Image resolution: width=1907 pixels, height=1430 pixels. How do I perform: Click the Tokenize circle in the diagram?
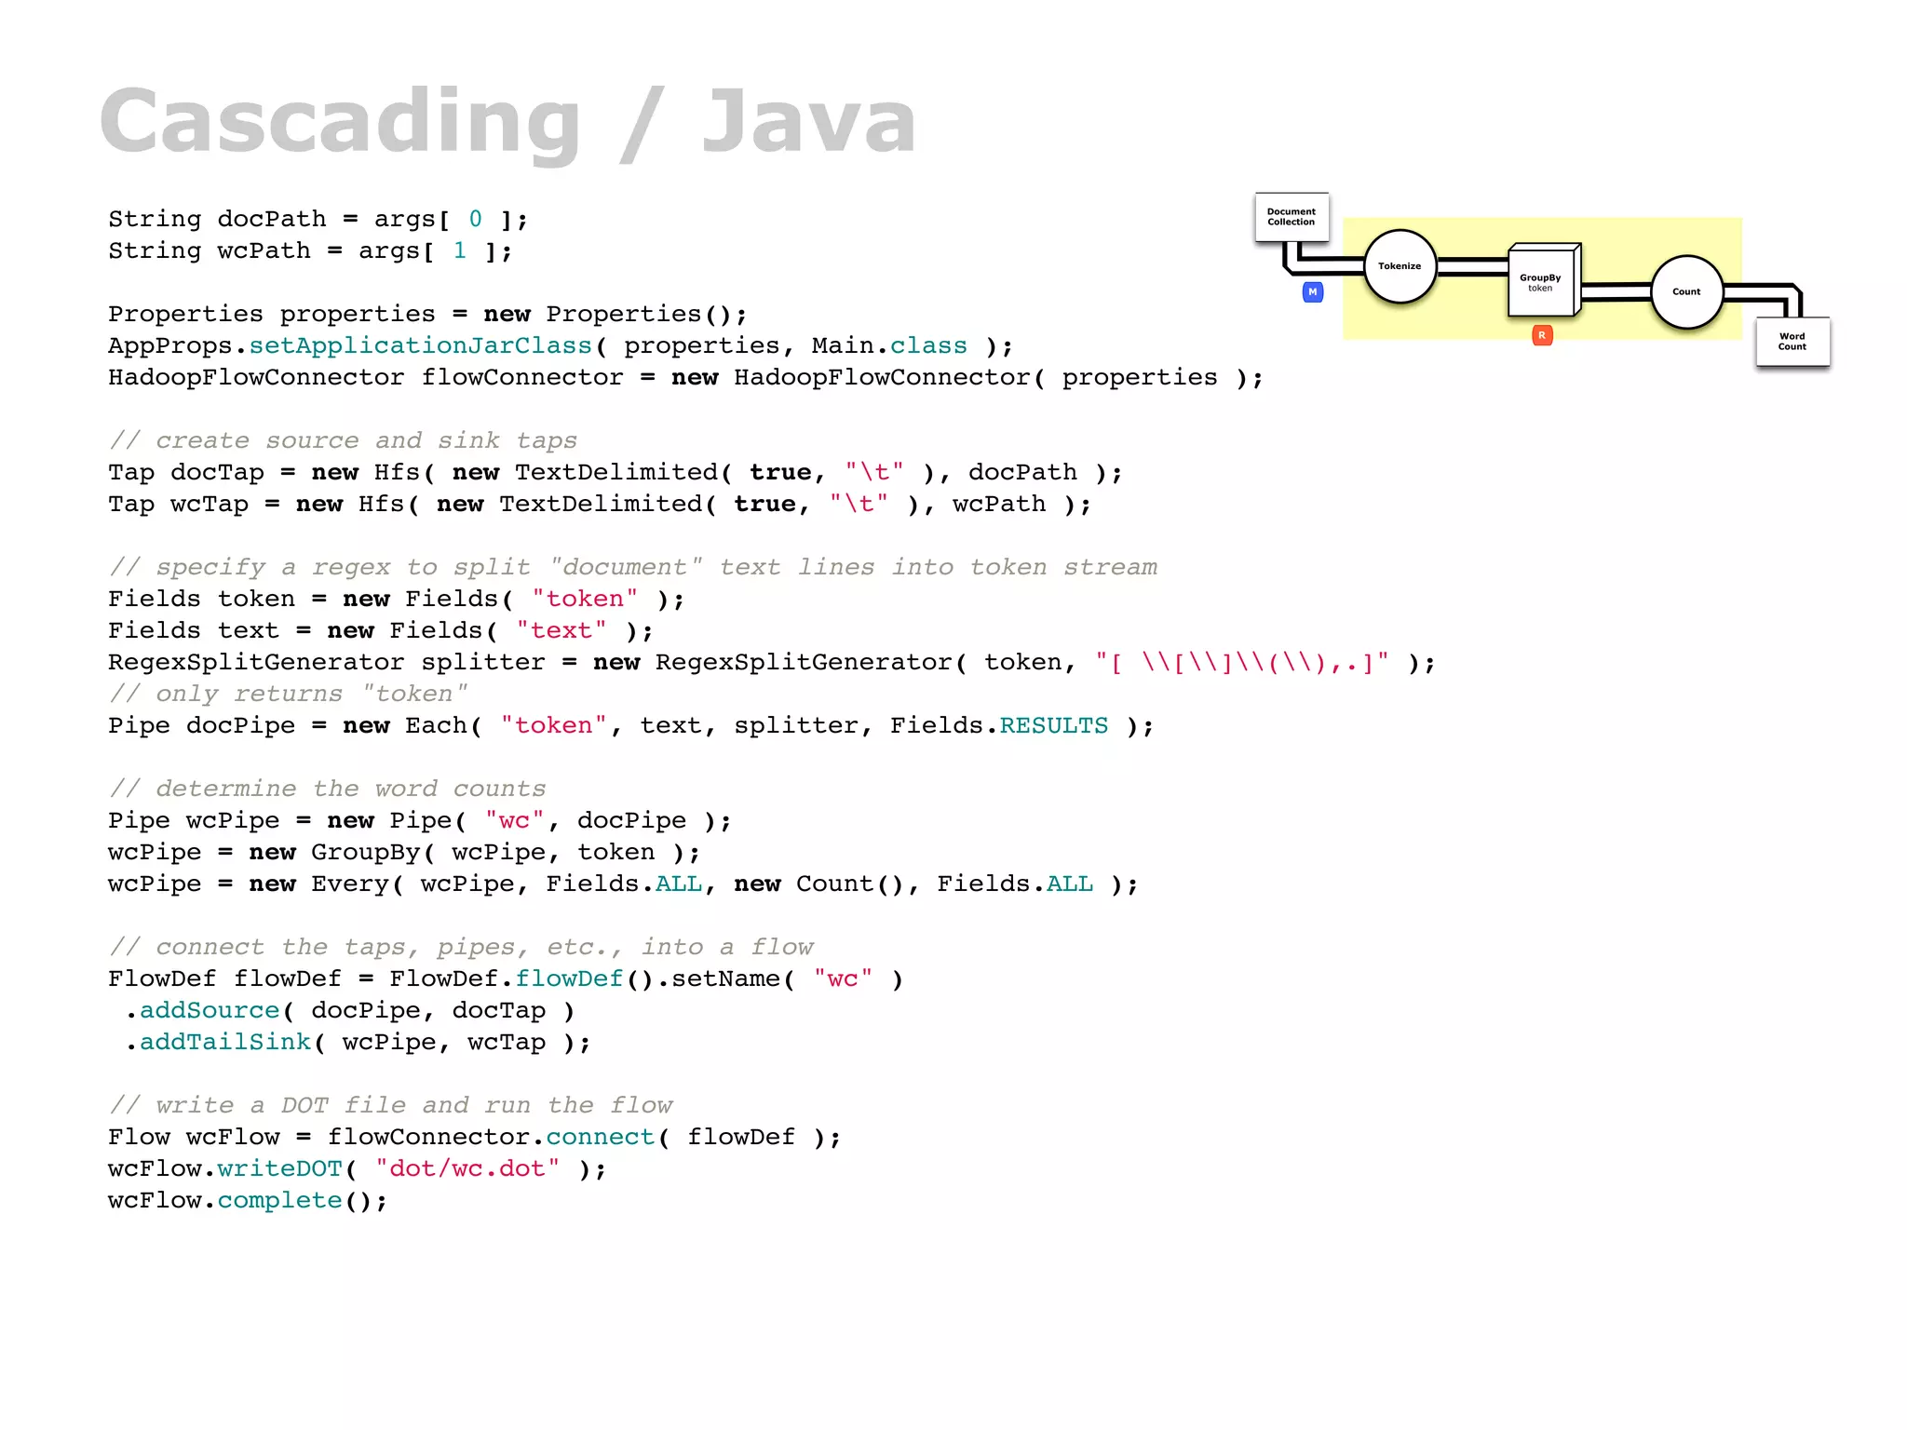coord(1400,266)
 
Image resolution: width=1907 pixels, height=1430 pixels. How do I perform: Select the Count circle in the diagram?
coord(1686,291)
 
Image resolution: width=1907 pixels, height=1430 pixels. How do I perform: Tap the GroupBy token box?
coord(1541,281)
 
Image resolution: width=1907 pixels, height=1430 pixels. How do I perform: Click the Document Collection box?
coord(1292,217)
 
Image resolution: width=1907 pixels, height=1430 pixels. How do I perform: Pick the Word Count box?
coord(1792,342)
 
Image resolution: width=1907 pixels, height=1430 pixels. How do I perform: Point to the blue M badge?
coord(1313,292)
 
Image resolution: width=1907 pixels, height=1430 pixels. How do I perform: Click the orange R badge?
coord(1542,335)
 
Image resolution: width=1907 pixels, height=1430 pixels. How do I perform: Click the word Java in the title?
coord(808,122)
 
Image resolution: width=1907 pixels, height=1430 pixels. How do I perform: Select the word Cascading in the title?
coord(340,122)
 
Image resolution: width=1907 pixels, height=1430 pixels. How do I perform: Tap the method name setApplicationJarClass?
coord(420,346)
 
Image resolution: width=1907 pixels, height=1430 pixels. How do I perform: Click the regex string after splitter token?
coord(1242,663)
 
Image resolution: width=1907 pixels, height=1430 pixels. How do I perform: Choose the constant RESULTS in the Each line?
coord(1053,726)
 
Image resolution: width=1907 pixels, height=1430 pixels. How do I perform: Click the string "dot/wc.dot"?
coord(467,1169)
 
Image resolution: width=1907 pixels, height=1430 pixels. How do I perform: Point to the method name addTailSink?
coord(224,1043)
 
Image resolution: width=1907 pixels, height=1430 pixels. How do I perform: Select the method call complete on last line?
coord(279,1201)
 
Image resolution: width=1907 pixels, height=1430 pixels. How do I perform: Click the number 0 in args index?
coord(476,220)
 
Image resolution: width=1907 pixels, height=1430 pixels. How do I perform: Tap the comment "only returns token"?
coord(289,695)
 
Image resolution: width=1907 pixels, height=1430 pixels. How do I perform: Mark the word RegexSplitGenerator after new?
coord(804,663)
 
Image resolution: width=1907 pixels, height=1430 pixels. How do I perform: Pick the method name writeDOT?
coord(279,1169)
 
